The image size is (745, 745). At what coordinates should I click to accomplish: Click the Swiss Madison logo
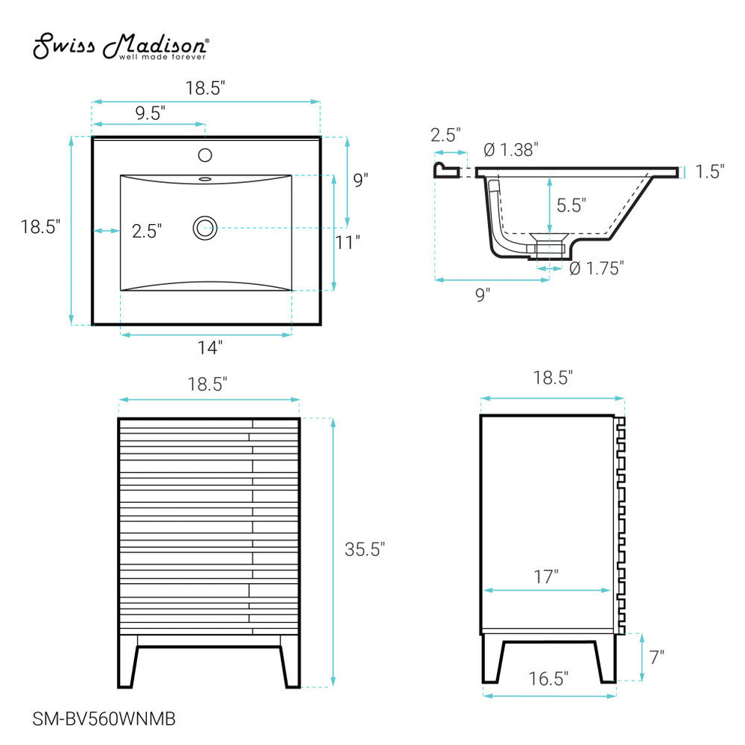[121, 46]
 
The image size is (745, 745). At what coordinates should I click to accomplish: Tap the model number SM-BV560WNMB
[105, 719]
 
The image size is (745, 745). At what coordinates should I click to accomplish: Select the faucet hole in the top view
[205, 156]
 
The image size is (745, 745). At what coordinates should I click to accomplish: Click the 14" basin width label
[211, 347]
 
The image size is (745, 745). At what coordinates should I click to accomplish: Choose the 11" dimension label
[348, 241]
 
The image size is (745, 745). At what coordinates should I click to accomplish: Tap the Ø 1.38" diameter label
[511, 150]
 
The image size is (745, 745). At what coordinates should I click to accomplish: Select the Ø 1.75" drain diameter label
[597, 268]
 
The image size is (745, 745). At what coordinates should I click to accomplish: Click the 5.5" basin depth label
[570, 204]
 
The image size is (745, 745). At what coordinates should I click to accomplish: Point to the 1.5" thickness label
[709, 172]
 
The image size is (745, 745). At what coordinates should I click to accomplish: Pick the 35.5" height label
[364, 549]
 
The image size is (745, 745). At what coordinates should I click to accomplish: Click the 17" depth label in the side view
[547, 576]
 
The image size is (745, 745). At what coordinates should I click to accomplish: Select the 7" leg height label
[657, 657]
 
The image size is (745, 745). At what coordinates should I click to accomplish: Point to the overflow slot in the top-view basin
[205, 179]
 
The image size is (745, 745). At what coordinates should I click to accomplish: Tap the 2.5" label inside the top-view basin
[147, 231]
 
